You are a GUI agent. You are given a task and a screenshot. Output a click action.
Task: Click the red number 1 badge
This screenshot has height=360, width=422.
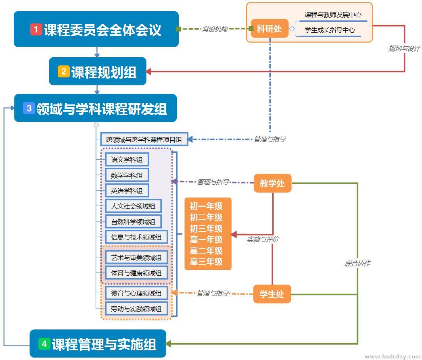(x=36, y=29)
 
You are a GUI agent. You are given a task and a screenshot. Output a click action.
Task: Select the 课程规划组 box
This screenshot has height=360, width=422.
(x=98, y=72)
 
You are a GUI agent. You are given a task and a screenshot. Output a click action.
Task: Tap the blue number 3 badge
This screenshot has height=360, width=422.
(x=29, y=108)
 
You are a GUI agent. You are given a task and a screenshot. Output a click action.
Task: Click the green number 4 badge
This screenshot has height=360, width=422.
(x=44, y=344)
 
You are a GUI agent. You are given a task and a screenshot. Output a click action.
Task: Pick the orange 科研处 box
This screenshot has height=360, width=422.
(x=269, y=29)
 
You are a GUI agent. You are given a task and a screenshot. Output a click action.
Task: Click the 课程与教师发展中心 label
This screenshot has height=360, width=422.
(x=333, y=15)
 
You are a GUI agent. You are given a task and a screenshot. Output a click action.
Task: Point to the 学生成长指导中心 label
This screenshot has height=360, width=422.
(x=330, y=30)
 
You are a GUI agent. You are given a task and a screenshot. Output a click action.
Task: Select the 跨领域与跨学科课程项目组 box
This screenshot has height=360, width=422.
(x=144, y=139)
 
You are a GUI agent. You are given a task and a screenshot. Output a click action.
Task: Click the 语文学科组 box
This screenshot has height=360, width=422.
(x=127, y=160)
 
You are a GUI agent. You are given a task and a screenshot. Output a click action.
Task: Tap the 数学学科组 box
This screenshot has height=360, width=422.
(x=127, y=175)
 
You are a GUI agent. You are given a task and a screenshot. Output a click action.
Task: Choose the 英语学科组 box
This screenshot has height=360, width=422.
(x=127, y=191)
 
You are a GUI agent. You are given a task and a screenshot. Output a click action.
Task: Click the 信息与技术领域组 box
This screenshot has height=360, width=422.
(x=136, y=237)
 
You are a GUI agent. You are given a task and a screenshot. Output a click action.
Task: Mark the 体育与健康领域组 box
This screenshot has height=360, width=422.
(x=136, y=273)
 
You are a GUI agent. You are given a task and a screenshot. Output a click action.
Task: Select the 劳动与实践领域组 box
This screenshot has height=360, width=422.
(x=136, y=309)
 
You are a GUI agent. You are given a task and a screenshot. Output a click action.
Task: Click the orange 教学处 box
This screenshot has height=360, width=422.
(x=272, y=183)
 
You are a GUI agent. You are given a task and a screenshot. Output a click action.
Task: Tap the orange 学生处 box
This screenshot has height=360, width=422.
(x=272, y=294)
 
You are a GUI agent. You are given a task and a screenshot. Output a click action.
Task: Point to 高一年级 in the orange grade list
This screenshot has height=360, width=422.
(x=206, y=239)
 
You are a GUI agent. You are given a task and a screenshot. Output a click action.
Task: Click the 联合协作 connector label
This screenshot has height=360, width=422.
(x=357, y=263)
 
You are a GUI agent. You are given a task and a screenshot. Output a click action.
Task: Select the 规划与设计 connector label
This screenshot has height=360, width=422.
(x=404, y=48)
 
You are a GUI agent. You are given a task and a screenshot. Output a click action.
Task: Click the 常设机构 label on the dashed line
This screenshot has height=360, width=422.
(x=215, y=29)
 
